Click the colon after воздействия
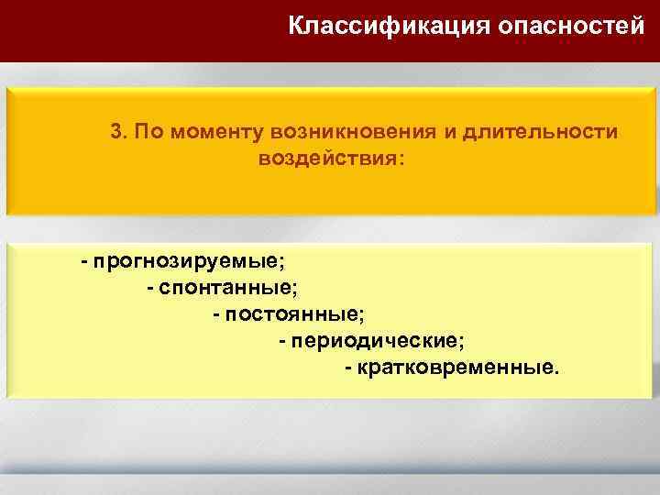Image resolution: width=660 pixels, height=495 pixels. point(399,159)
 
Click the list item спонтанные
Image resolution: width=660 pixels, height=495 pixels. point(227,289)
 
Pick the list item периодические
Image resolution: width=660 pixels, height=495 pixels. point(377,341)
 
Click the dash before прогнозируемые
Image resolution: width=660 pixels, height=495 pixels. point(84,263)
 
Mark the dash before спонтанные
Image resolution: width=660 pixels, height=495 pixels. point(150,289)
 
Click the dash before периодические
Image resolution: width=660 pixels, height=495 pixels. point(282,341)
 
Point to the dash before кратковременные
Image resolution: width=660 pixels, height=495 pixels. point(348,368)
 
